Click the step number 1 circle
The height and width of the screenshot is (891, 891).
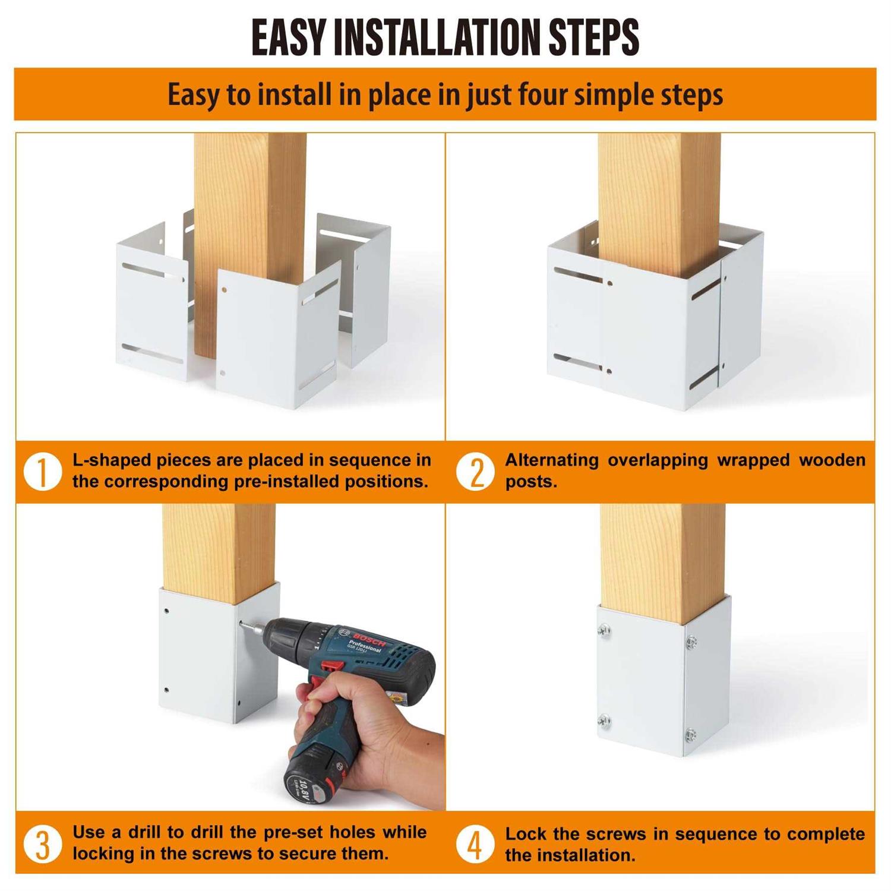(x=43, y=472)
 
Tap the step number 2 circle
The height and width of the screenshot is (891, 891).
(x=475, y=472)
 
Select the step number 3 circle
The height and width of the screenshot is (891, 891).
(x=43, y=844)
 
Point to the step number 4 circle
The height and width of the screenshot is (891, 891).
(x=475, y=844)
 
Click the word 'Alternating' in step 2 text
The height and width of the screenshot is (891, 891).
(x=552, y=460)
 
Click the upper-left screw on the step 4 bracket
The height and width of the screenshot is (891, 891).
(x=605, y=630)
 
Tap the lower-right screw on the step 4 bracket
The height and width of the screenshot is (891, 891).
(x=691, y=734)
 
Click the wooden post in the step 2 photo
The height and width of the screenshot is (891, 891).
(x=659, y=202)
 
